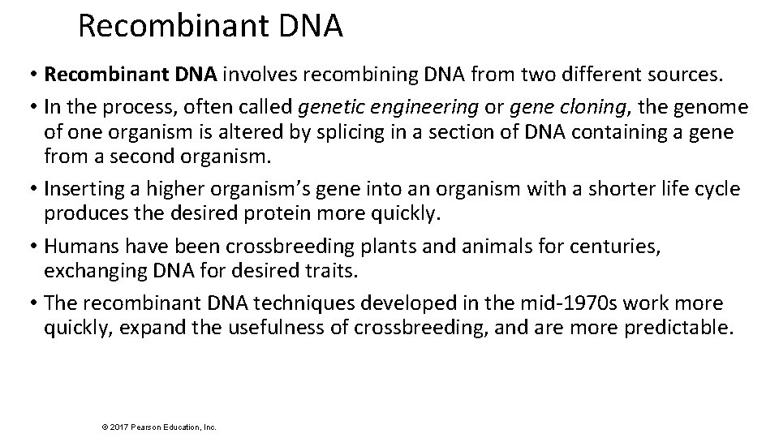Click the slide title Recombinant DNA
click(x=211, y=26)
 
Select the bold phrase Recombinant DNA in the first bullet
click(x=131, y=75)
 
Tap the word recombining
click(x=343, y=75)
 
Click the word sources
click(x=679, y=75)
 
